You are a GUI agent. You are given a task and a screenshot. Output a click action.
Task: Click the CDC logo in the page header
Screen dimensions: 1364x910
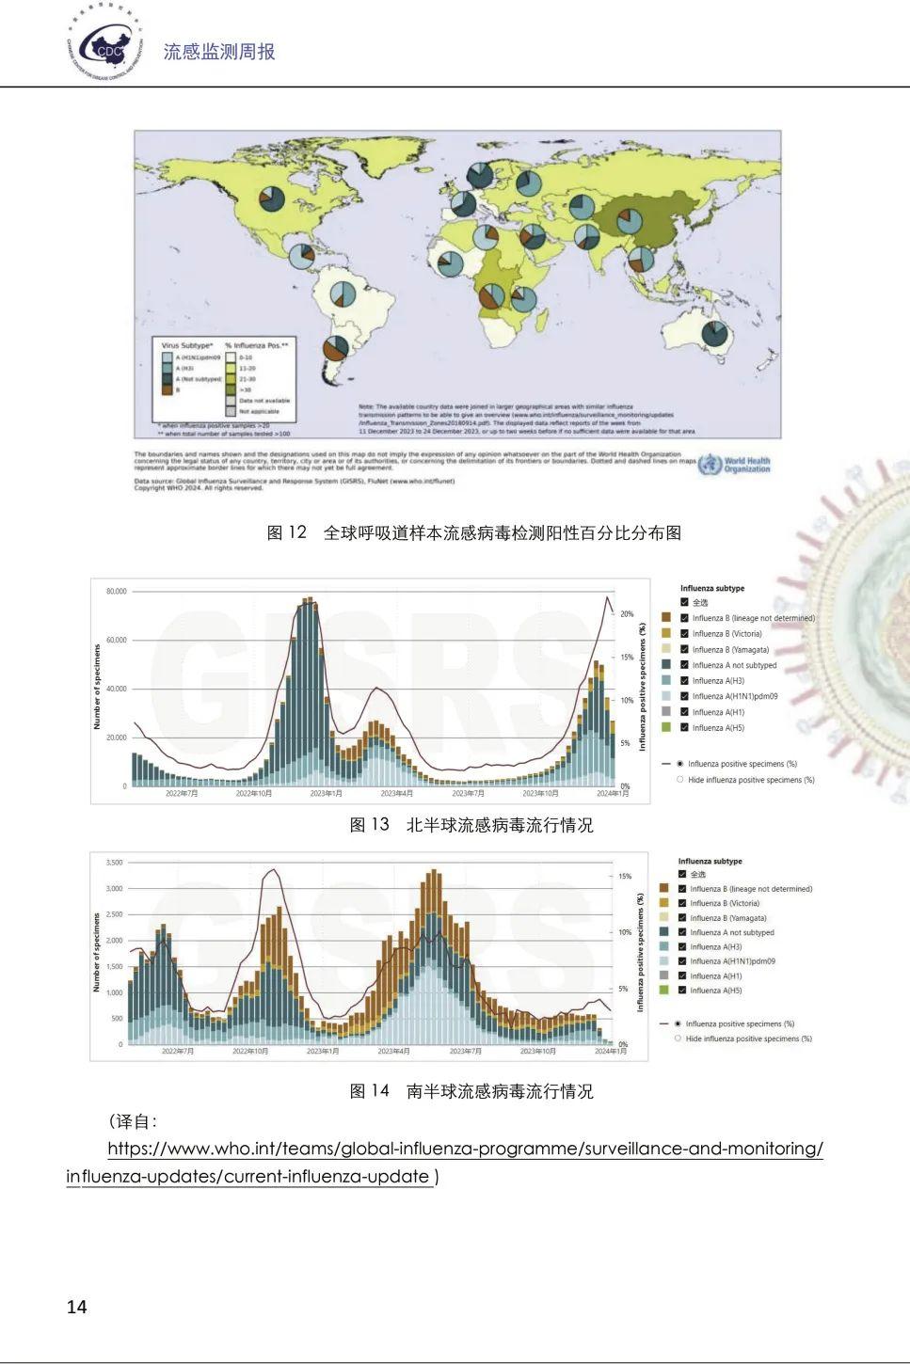(x=105, y=45)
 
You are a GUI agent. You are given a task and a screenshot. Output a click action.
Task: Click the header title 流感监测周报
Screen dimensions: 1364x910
(x=219, y=52)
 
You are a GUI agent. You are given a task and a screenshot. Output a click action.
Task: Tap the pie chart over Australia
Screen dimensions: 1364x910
(x=714, y=334)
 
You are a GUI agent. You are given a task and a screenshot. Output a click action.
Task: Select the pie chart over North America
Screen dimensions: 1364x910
(x=272, y=198)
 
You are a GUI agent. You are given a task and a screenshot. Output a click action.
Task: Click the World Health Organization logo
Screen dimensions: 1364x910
(x=735, y=465)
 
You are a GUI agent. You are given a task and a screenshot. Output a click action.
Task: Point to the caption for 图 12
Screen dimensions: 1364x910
(x=474, y=532)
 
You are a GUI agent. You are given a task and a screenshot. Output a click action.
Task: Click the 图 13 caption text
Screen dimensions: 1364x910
(x=471, y=825)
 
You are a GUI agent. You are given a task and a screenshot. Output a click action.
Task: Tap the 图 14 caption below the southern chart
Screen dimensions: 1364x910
(x=471, y=1091)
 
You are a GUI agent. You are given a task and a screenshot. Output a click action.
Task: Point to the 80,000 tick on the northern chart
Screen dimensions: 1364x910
(x=116, y=592)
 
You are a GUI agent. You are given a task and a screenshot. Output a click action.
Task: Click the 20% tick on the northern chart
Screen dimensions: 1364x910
(x=627, y=613)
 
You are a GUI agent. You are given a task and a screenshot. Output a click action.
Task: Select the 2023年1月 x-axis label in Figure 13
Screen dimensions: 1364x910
(x=327, y=794)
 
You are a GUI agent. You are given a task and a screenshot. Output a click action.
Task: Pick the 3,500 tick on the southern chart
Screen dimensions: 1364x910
(x=114, y=863)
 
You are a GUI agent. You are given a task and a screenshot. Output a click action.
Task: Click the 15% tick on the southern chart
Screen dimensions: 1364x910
(x=625, y=876)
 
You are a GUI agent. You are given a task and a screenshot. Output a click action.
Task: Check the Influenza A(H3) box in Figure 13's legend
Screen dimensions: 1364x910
(x=684, y=681)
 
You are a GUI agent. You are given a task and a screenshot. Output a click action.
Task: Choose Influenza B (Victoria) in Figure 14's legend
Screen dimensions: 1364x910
(x=682, y=903)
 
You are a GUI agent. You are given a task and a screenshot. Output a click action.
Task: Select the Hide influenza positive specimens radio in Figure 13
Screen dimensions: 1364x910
(x=680, y=780)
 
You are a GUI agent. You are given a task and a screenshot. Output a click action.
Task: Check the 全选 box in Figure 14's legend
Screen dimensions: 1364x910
(x=682, y=875)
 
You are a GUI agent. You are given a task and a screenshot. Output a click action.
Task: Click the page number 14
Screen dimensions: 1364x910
(x=77, y=1307)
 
